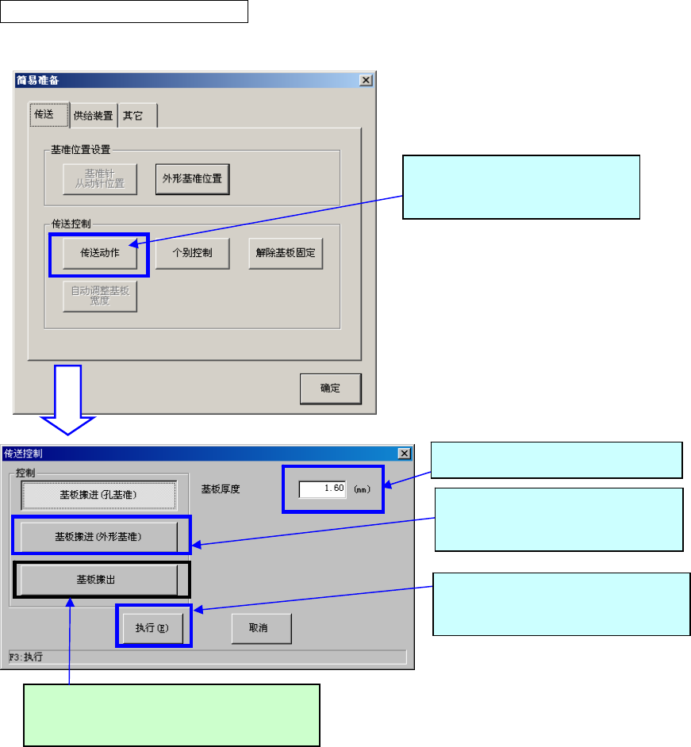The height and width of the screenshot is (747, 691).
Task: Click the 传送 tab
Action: tap(44, 114)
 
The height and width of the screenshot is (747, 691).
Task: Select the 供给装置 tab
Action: tap(93, 115)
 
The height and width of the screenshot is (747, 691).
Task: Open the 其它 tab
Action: tap(132, 115)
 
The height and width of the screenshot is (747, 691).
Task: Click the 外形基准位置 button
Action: tap(192, 178)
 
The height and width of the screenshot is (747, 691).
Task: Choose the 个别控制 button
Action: tap(192, 255)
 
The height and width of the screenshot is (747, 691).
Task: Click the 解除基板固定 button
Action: tap(286, 255)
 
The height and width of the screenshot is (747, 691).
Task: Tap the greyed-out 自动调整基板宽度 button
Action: tap(100, 295)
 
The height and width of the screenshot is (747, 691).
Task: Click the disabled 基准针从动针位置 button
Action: tap(100, 178)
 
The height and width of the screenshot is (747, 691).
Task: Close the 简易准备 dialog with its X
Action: tap(365, 80)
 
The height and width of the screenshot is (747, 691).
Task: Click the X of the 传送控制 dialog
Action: tap(404, 453)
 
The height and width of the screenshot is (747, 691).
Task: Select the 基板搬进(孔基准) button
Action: tap(98, 495)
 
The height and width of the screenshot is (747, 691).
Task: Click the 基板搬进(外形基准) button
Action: tap(98, 537)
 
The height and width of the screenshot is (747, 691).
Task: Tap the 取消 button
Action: tap(261, 628)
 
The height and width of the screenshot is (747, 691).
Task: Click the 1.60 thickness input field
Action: tap(323, 488)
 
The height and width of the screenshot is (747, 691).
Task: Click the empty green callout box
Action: tap(171, 714)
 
